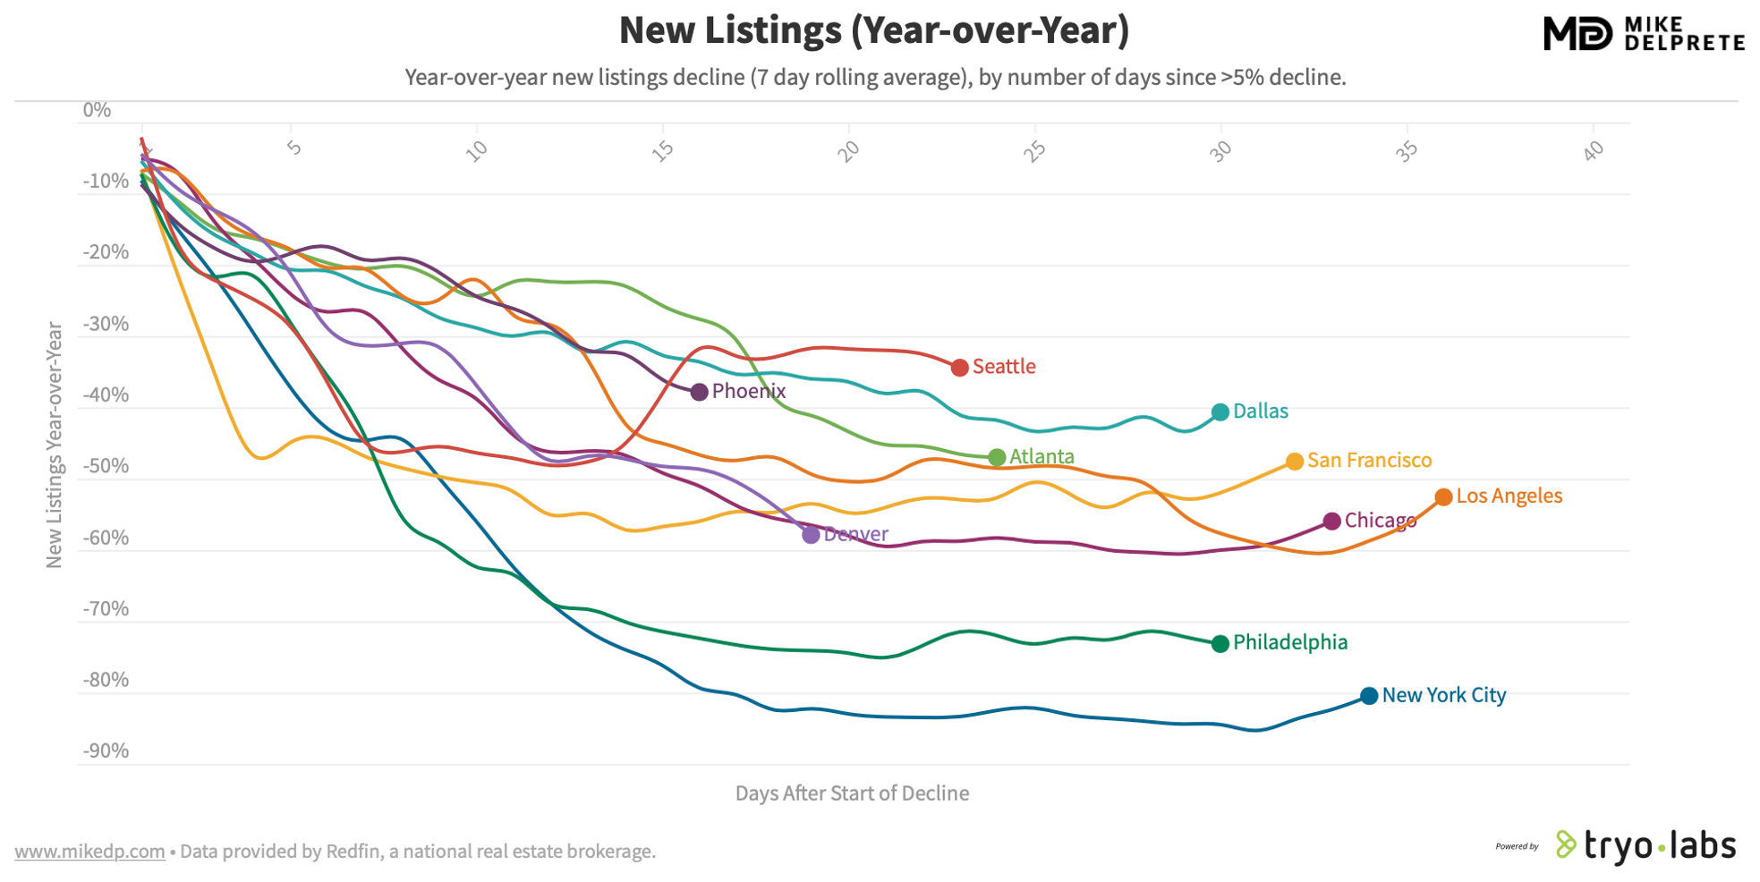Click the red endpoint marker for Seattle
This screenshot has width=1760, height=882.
(x=959, y=368)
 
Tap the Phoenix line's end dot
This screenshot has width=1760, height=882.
(x=700, y=392)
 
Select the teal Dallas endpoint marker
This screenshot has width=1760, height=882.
(x=1220, y=412)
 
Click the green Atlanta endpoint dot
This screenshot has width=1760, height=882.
(x=997, y=458)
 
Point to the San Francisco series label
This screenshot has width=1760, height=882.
(x=1369, y=461)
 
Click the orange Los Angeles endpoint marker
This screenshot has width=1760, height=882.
(x=1443, y=497)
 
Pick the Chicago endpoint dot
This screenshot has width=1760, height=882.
(x=1331, y=521)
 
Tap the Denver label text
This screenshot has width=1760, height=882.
(x=855, y=535)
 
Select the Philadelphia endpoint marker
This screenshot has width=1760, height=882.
(x=1220, y=643)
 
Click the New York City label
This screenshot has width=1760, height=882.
(x=1443, y=695)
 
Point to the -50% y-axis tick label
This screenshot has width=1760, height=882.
(x=106, y=466)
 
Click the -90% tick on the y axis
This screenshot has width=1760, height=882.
(x=106, y=751)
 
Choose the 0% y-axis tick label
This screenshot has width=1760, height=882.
(x=97, y=110)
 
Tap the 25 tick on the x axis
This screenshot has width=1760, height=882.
(x=1034, y=152)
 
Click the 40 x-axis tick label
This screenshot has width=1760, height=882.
(x=1593, y=152)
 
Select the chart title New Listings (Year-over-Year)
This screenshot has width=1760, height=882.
(x=873, y=30)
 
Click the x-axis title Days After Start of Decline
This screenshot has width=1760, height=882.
(x=852, y=793)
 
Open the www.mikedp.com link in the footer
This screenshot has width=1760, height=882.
(x=89, y=852)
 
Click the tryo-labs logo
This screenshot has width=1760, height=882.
(x=1646, y=845)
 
